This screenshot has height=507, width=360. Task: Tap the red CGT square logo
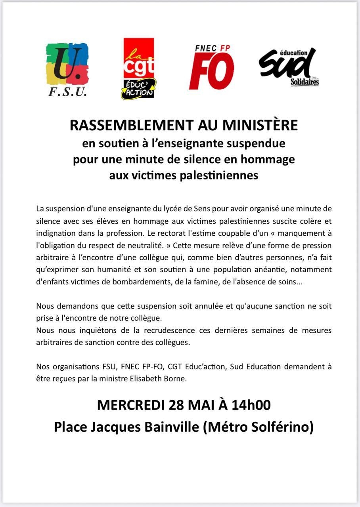pos(139,57)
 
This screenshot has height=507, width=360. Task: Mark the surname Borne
pos(175,378)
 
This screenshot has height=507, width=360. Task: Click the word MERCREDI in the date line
pos(130,405)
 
